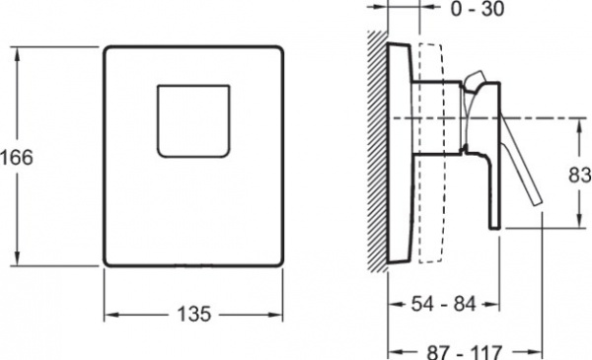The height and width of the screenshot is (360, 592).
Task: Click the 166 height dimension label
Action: tap(17, 157)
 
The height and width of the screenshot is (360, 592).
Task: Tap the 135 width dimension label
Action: tap(193, 314)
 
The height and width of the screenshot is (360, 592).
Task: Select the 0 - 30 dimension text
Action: tap(478, 8)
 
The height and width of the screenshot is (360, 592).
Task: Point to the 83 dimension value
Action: tap(580, 175)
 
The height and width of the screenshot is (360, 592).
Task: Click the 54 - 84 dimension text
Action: tap(444, 304)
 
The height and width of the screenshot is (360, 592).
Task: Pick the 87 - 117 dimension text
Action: tap(465, 352)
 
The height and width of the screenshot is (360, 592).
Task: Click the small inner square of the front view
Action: tap(193, 121)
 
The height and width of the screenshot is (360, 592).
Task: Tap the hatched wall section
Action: tap(378, 151)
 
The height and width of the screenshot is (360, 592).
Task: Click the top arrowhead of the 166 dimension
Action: tap(17, 54)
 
